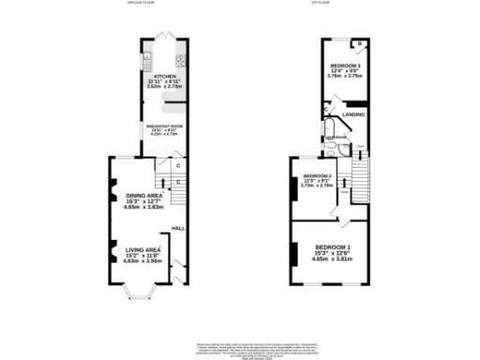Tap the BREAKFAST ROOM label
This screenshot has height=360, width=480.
[163, 126]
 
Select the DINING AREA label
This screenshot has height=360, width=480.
[143, 195]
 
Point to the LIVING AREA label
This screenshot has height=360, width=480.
[143, 249]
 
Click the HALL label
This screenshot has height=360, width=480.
[176, 228]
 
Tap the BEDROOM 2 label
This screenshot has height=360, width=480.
[317, 175]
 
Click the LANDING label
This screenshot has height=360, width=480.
[353, 113]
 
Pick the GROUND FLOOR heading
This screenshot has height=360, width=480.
[140, 4]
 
